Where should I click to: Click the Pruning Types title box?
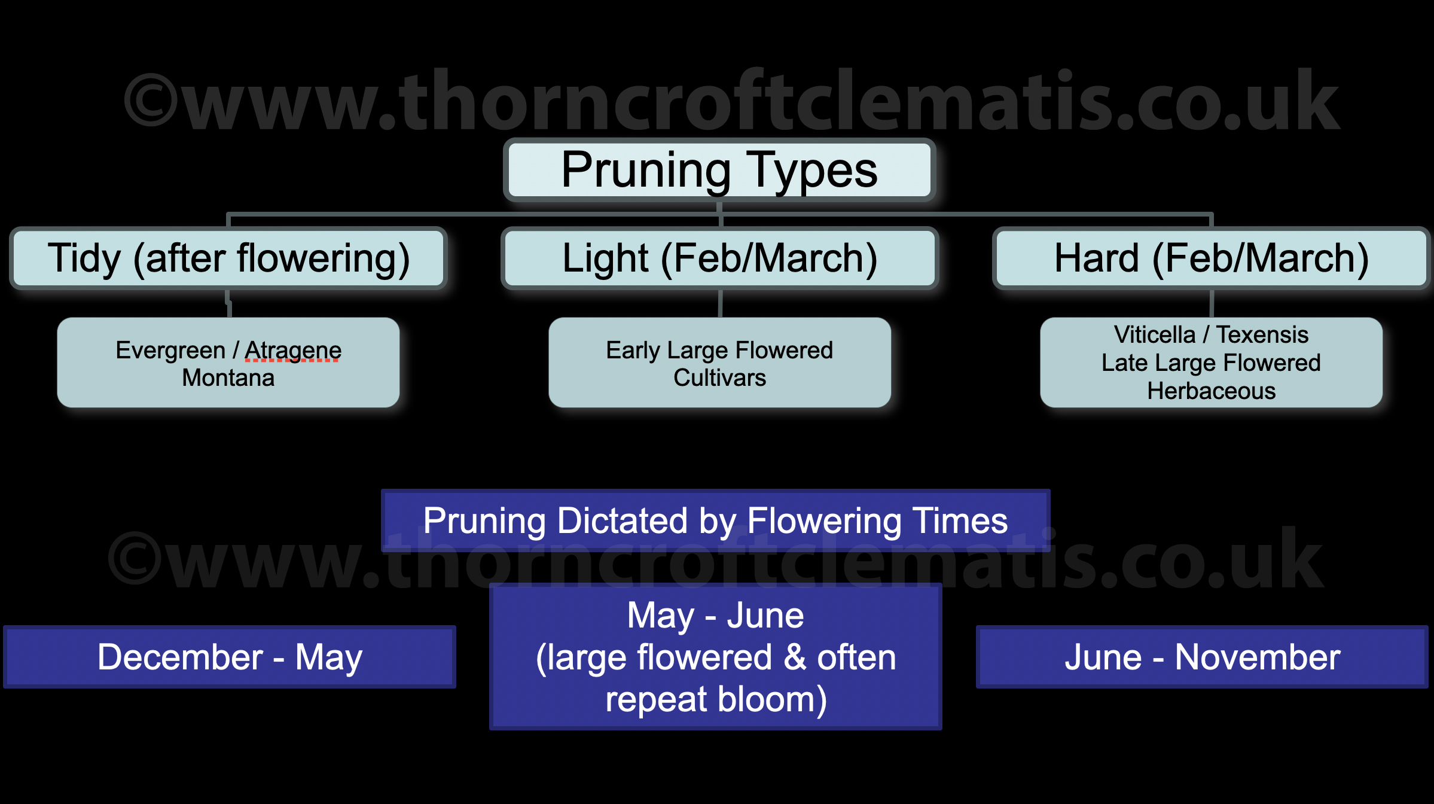pos(719,170)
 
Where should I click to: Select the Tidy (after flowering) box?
pos(228,258)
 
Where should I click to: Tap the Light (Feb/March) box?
pos(719,258)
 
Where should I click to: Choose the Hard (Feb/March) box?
pos(1211,258)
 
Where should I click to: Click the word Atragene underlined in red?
pos(293,350)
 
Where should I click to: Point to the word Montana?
pos(228,378)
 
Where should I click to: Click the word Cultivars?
pos(719,378)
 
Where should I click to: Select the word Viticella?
pos(1154,334)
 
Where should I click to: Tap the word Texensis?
pos(1262,334)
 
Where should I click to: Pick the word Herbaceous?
pos(1211,391)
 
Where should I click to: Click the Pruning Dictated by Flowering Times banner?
pos(715,520)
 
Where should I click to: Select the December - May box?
pos(230,657)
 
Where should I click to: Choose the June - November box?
pos(1202,657)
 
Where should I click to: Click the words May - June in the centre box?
pos(715,615)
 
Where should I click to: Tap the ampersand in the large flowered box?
pos(795,657)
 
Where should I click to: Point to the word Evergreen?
pos(170,350)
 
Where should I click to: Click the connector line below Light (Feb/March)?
pos(720,303)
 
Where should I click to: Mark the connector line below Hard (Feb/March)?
pos(1212,303)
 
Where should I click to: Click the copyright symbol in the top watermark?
pos(151,100)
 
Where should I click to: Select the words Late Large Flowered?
pos(1211,363)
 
